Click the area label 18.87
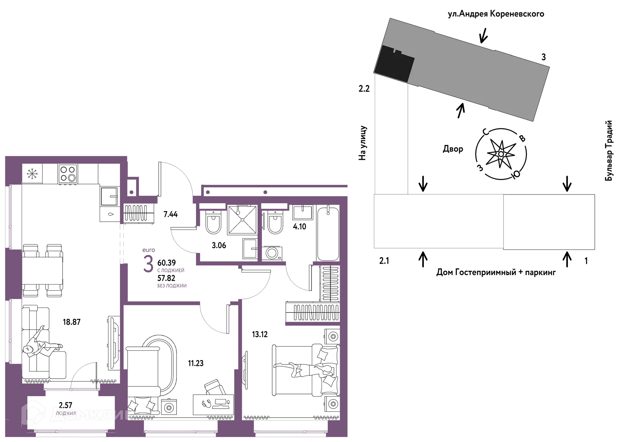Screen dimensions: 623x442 tap(71, 322)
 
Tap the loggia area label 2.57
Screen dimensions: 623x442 tap(66, 405)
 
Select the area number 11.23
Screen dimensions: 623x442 tap(196, 363)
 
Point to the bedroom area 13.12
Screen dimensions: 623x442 tap(260, 334)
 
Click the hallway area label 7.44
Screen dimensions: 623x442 tap(171, 214)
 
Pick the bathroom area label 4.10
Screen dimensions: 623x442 tap(299, 226)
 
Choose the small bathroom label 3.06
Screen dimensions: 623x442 tap(219, 245)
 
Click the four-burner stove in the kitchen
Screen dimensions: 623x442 tap(68, 173)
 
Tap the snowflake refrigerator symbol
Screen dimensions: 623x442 tap(32, 174)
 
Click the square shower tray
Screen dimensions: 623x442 tap(242, 220)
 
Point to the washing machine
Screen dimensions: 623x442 tap(272, 253)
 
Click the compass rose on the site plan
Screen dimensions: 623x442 tap(501, 154)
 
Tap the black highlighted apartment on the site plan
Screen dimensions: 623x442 tap(394, 63)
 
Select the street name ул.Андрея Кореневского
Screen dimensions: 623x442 tap(496, 14)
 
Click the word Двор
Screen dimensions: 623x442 tap(453, 149)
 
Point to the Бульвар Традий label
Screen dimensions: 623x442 tap(609, 150)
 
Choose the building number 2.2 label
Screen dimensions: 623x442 tap(364, 88)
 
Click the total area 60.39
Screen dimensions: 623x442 tap(166, 262)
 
